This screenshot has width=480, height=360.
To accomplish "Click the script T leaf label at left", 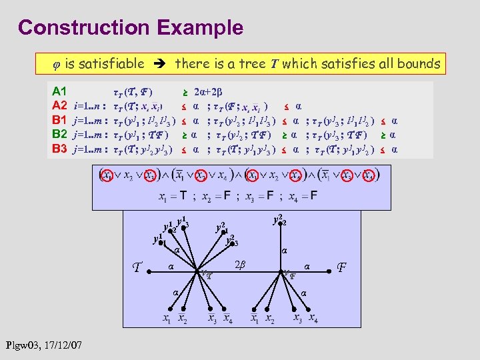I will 137,268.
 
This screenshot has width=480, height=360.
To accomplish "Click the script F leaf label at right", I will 341,269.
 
